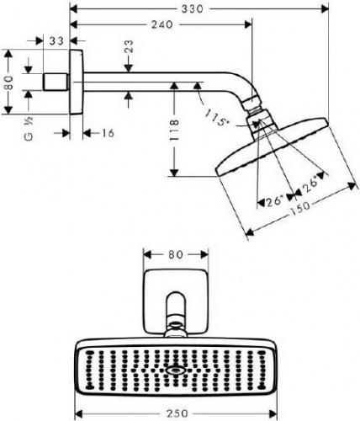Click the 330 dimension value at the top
point(192,8)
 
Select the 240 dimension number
point(162,24)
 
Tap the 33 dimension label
point(56,41)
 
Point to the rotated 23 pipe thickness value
point(129,46)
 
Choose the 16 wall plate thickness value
point(108,133)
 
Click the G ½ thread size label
point(29,129)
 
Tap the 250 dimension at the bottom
point(177,413)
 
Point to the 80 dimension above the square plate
point(176,254)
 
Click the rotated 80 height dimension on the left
point(9,83)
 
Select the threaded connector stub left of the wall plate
point(56,82)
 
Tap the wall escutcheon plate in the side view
point(77,83)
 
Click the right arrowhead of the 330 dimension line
point(326,8)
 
